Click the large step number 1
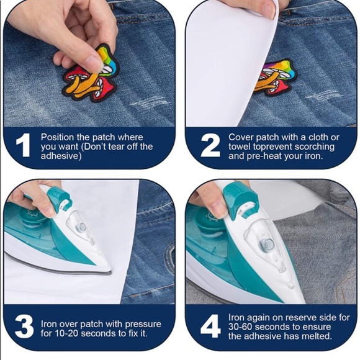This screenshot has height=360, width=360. tap(23, 145)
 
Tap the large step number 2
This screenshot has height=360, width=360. tap(210, 145)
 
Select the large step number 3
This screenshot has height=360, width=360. tap(24, 326)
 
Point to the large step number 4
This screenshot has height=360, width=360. tap(210, 326)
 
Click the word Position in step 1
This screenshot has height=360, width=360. tap(57, 137)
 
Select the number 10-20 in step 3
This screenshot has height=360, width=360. tap(66, 333)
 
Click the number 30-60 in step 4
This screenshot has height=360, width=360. tap(240, 327)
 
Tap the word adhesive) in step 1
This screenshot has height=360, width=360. tap(61, 156)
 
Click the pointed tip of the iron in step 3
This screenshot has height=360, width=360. tap(110, 272)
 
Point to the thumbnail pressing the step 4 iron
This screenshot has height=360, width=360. tap(219, 209)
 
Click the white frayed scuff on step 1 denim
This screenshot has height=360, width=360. tap(150, 102)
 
